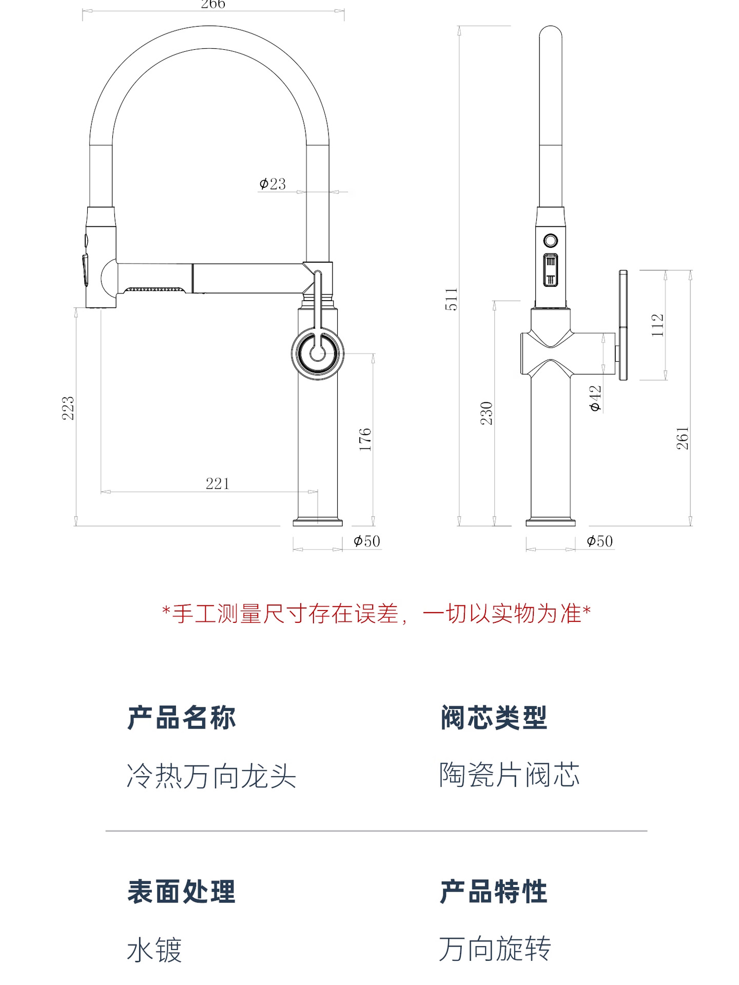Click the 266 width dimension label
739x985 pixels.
pyautogui.click(x=213, y=5)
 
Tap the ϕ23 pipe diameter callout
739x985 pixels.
pyautogui.click(x=273, y=184)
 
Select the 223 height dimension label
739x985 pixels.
pyautogui.click(x=68, y=408)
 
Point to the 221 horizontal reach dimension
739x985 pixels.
pyautogui.click(x=217, y=483)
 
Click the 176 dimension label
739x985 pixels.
pyautogui.click(x=365, y=439)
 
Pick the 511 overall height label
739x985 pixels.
pyautogui.click(x=451, y=299)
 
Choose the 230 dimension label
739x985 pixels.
pyautogui.click(x=486, y=413)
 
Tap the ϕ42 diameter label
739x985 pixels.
pyautogui.click(x=595, y=398)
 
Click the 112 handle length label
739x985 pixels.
pyautogui.click(x=657, y=325)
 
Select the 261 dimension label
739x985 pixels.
pyautogui.click(x=683, y=438)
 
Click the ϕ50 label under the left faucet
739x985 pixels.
pyautogui.click(x=367, y=541)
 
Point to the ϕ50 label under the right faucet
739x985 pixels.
pyautogui.click(x=600, y=541)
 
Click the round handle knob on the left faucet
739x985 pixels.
pyautogui.click(x=318, y=353)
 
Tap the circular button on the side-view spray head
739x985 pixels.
pyautogui.click(x=551, y=240)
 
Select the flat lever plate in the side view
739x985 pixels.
pyautogui.click(x=623, y=325)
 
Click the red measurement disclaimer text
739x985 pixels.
pyautogui.click(x=376, y=614)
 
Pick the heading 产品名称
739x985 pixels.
pyautogui.click(x=182, y=717)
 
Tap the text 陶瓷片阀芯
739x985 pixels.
pyautogui.click(x=509, y=775)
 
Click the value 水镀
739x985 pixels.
pyautogui.click(x=154, y=950)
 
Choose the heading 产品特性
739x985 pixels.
pyautogui.click(x=494, y=892)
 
